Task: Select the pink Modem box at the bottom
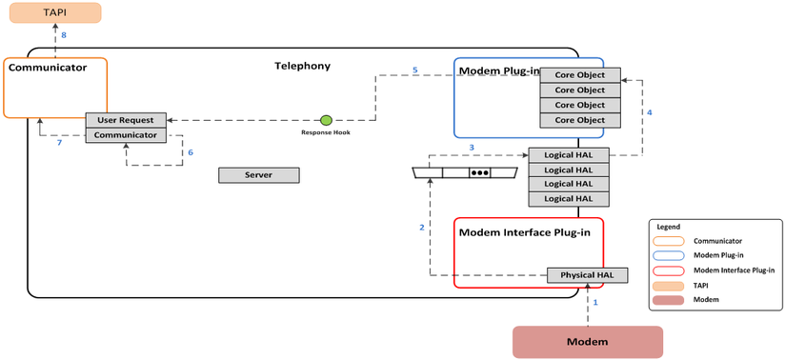pos(587,341)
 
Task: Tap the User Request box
pos(127,120)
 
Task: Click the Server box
pos(258,175)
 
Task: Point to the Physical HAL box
pos(587,275)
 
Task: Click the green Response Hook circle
pos(326,120)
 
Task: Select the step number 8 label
pos(64,35)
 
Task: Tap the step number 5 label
pos(414,70)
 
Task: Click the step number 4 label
pos(649,112)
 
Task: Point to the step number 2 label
pos(421,227)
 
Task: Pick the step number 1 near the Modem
pos(596,301)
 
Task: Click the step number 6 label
pos(190,152)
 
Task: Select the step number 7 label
pos(59,143)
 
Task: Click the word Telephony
pos(302,66)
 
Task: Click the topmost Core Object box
pos(579,75)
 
